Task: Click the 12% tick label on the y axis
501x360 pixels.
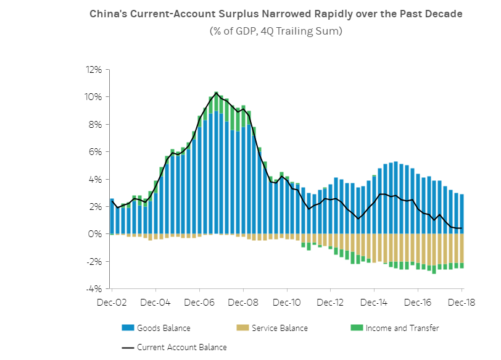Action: click(x=94, y=69)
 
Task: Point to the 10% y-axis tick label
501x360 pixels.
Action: click(x=94, y=97)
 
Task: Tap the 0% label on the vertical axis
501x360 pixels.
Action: click(x=96, y=234)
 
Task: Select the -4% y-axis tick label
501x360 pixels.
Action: click(x=94, y=289)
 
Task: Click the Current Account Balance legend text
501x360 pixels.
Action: click(x=182, y=347)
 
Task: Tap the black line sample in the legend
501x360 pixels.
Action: click(x=128, y=347)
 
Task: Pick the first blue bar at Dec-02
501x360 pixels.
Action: click(x=112, y=216)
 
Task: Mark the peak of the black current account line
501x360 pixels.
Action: click(x=216, y=93)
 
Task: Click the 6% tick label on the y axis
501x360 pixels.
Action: click(x=96, y=152)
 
